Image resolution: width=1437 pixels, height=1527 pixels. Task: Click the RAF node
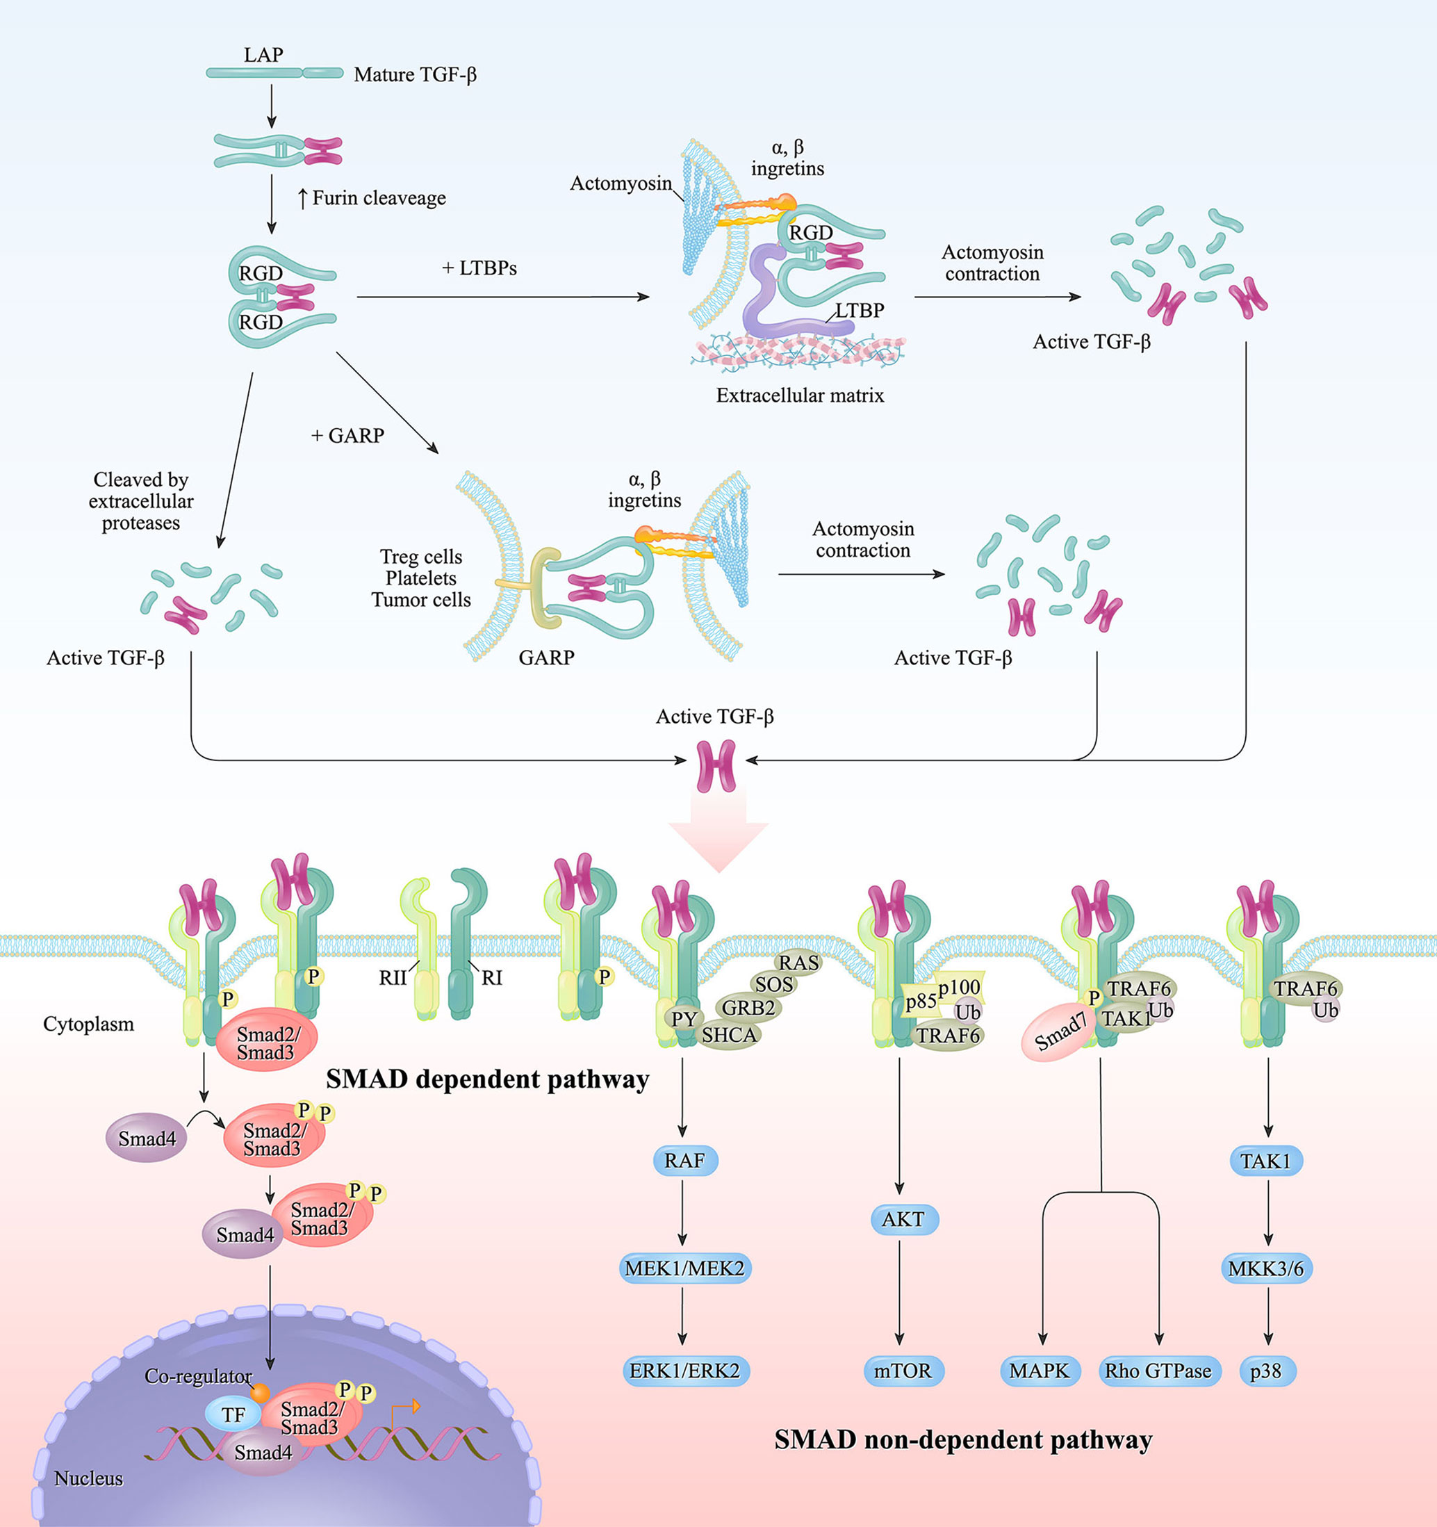(x=684, y=1160)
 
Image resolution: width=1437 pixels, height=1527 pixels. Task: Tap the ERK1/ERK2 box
(x=684, y=1371)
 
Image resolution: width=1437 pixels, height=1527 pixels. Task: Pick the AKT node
(x=903, y=1219)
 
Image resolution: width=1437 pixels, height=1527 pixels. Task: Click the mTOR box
(x=903, y=1371)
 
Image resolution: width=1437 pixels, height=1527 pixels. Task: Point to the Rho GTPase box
(x=1158, y=1371)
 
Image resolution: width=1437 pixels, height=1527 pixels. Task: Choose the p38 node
(x=1266, y=1371)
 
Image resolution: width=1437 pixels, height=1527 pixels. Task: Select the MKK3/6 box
(x=1266, y=1268)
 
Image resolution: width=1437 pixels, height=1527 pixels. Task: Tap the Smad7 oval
(x=1058, y=1033)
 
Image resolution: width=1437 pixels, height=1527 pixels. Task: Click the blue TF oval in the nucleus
(x=233, y=1414)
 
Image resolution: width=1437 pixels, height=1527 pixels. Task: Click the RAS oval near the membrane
(x=799, y=963)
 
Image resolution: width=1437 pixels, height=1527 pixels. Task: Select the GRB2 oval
(x=748, y=1008)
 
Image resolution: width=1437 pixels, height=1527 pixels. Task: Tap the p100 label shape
(x=958, y=987)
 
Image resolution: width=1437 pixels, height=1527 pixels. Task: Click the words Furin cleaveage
(x=379, y=198)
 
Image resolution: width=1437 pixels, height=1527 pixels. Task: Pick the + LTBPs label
(x=479, y=268)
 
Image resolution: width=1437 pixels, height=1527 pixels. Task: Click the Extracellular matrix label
(x=800, y=395)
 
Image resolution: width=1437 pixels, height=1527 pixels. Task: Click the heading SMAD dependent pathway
(x=487, y=1079)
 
